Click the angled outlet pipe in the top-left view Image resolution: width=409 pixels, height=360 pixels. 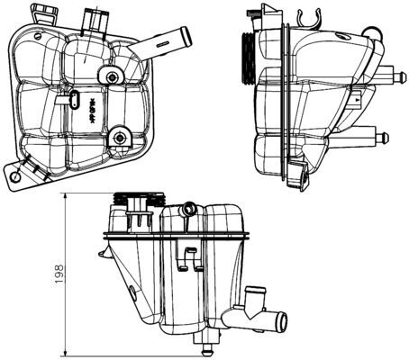click(x=167, y=38)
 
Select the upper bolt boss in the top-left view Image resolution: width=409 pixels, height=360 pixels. click(x=112, y=77)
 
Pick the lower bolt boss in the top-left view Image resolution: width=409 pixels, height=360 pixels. click(x=118, y=138)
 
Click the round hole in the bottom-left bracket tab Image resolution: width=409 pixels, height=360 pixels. click(x=18, y=177)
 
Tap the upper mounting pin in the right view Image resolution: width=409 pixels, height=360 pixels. click(x=388, y=75)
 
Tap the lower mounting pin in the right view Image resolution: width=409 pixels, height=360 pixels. click(x=382, y=138)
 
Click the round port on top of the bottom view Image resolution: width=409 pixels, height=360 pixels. click(x=188, y=211)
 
